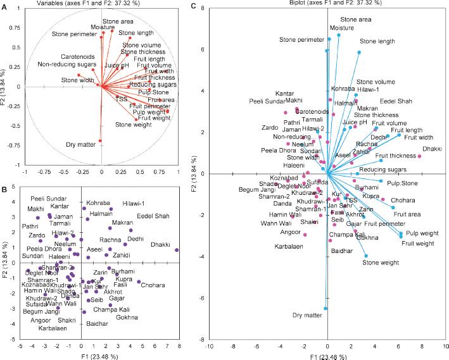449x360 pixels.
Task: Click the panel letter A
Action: (4, 8)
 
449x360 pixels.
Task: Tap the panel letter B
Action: (4, 188)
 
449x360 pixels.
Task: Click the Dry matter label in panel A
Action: (79, 145)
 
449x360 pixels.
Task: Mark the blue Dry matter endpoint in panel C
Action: (326, 309)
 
